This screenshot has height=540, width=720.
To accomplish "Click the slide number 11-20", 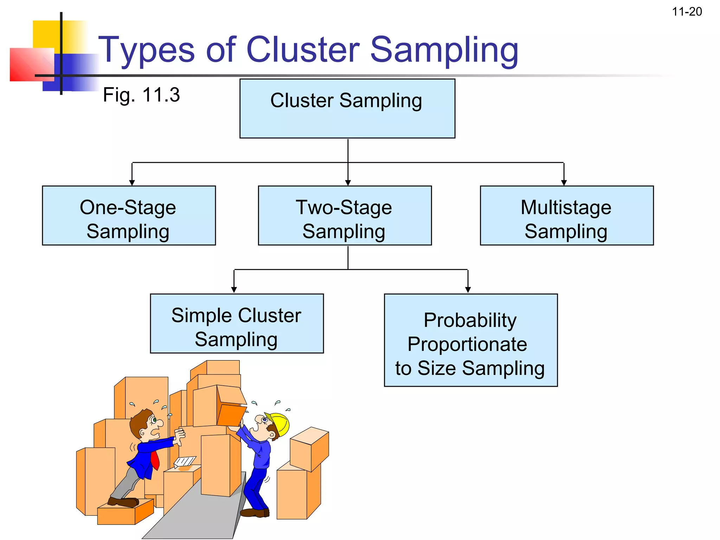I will click(x=687, y=12).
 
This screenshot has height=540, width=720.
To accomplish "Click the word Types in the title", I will click(x=146, y=50).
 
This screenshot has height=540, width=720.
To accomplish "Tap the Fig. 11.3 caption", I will click(x=141, y=95).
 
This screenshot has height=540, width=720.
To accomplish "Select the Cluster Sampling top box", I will click(x=347, y=108).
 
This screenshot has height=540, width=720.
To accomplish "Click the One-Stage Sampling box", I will click(x=129, y=216).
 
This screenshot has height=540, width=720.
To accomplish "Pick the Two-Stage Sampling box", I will click(x=345, y=216).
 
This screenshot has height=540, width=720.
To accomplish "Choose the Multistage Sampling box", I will click(x=566, y=216).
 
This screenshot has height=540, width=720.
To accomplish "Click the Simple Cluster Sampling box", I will click(x=237, y=323).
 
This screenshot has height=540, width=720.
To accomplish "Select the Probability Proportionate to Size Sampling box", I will click(x=470, y=340).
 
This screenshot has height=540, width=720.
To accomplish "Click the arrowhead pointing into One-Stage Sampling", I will click(x=132, y=182).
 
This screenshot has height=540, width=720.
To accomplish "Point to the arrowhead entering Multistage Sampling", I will click(x=564, y=182).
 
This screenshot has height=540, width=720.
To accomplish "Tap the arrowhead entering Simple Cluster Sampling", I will click(x=234, y=290).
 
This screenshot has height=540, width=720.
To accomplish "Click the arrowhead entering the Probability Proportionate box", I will click(x=468, y=290).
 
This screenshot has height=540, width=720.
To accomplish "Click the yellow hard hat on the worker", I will click(x=280, y=424).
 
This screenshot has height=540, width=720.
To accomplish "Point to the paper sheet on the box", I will click(x=185, y=461).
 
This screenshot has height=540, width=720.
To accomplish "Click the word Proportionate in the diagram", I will click(x=467, y=344).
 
